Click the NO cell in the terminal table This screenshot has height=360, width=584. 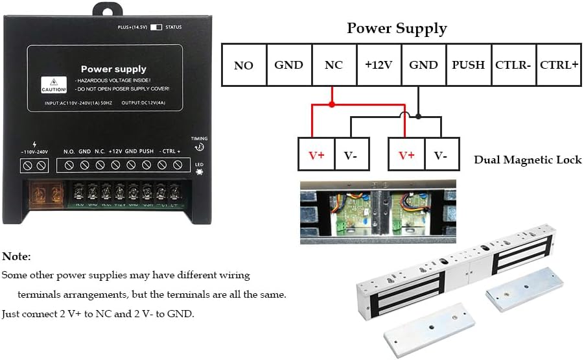point(244,65)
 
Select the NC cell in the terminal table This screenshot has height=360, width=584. point(334,65)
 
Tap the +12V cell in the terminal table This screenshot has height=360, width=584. point(379,65)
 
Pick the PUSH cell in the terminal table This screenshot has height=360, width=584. point(468,65)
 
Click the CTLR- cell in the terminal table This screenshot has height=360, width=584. point(513,65)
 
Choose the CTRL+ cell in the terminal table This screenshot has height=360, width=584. point(558,65)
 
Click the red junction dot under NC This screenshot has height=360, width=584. point(332,104)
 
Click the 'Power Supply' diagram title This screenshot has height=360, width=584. point(397,29)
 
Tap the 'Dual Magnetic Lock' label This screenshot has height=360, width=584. point(528,160)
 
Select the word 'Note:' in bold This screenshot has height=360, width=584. point(16,257)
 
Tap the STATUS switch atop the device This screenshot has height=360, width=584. point(156,27)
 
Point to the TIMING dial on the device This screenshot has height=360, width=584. point(199,147)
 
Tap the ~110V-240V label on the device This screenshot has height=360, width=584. point(34,152)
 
